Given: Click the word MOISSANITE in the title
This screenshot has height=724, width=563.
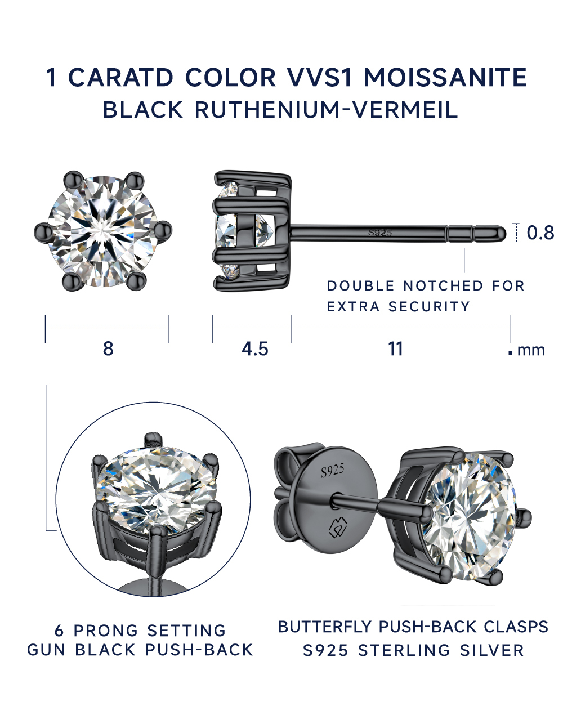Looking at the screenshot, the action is [445, 77].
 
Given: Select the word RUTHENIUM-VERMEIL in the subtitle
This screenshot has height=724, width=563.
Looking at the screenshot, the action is [326, 110].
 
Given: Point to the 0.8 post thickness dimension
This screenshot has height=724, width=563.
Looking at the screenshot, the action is [540, 233].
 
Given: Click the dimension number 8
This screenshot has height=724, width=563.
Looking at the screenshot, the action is [108, 349].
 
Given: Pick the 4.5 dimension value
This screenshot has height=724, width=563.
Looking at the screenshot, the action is [255, 349].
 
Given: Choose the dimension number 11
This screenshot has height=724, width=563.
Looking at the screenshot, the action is [395, 349].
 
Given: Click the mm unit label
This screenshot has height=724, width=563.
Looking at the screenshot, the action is [531, 351].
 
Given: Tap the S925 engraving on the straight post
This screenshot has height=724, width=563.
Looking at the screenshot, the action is [380, 233].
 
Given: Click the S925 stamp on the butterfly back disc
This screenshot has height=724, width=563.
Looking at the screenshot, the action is [333, 471].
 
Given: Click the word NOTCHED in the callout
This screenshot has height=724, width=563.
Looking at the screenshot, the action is [443, 286].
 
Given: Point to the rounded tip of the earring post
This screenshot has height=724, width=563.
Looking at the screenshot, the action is [502, 233].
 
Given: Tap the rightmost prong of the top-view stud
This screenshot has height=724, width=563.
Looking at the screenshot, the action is [163, 231].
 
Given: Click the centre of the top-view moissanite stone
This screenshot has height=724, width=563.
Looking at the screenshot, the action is [102, 231].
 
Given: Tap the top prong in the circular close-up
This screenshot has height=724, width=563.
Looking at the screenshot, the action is [153, 440].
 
